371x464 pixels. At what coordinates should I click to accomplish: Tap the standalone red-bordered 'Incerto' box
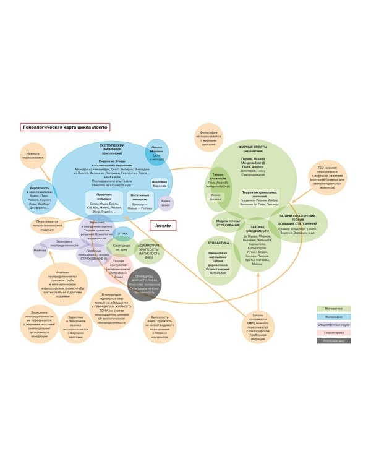pos(163,226)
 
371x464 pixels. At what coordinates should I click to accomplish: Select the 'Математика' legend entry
pos(334,308)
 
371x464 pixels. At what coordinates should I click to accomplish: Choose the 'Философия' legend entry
pos(334,316)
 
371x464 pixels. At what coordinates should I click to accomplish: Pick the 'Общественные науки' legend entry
pos(334,324)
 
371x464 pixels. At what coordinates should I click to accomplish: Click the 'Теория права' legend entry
pos(334,332)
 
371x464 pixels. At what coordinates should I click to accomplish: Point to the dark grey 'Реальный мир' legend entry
pos(334,340)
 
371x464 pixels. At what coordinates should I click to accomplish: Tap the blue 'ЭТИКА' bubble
pos(123,234)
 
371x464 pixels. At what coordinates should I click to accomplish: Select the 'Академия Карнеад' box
pos(159,184)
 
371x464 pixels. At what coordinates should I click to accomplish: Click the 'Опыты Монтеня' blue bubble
pos(157,152)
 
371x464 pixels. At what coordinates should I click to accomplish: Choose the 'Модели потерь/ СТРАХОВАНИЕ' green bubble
pos(228,223)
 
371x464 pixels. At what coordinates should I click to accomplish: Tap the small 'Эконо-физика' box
pos(216,199)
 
